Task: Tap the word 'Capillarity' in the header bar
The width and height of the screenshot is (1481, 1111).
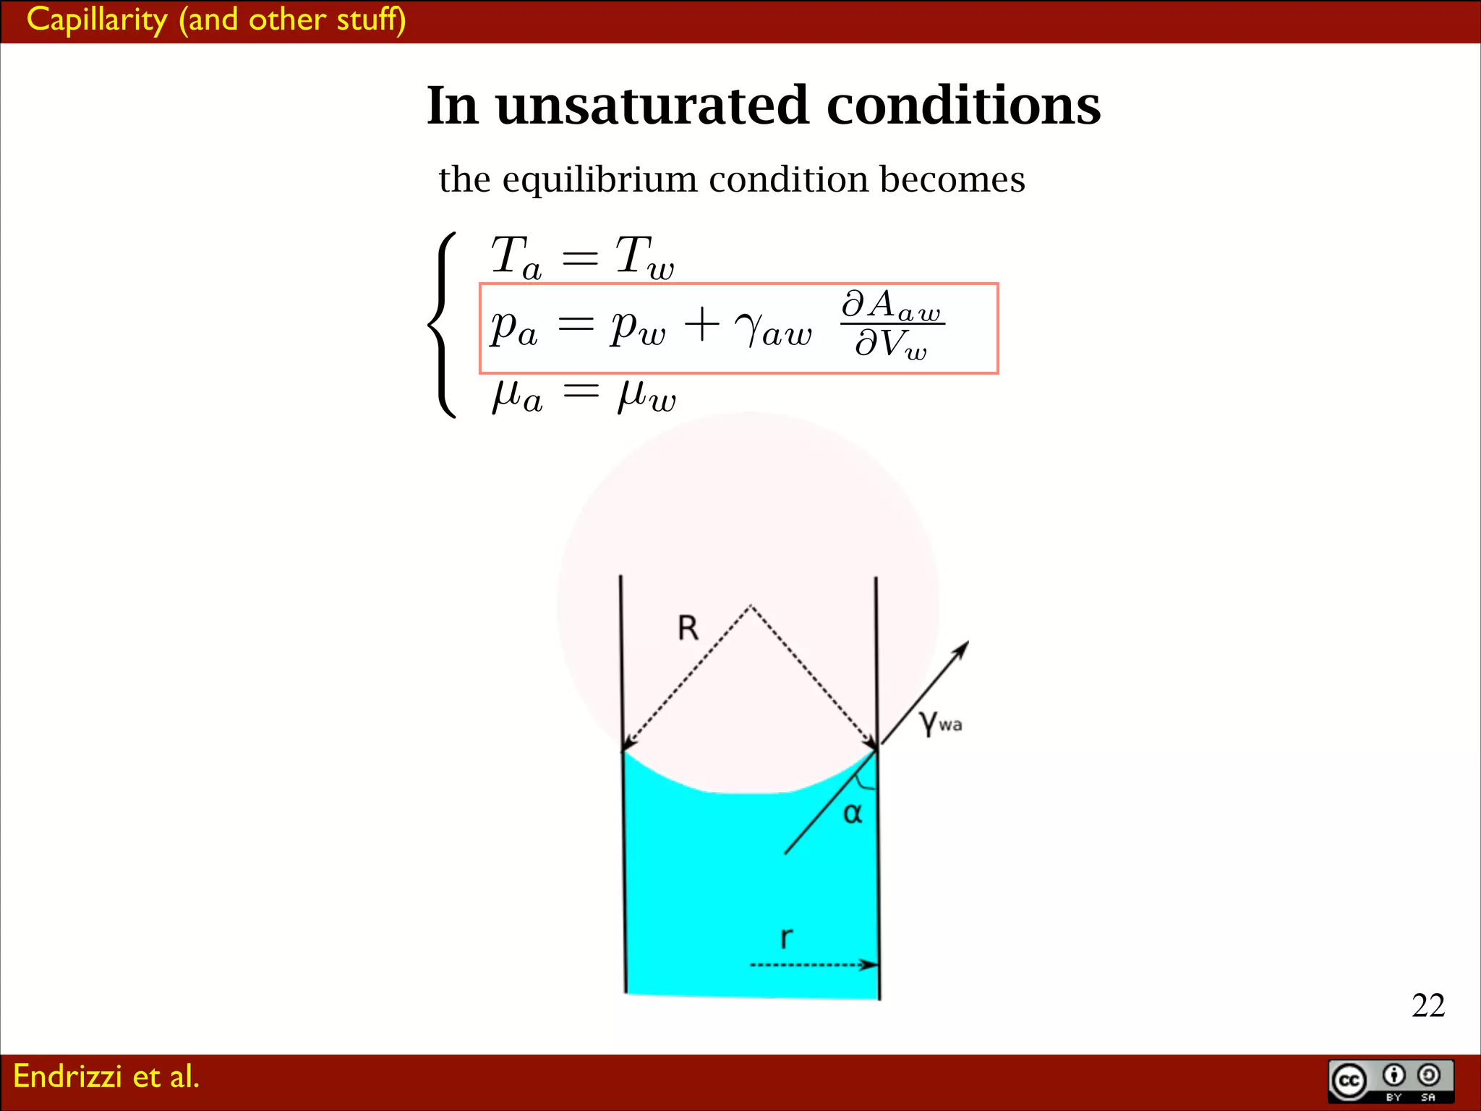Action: tap(97, 20)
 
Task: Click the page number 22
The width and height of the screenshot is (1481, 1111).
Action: tap(1427, 1005)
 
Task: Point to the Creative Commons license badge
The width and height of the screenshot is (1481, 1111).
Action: tap(1391, 1081)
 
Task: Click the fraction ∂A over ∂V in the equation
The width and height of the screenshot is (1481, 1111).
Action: tap(892, 324)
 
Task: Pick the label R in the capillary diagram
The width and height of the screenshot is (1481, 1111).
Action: tap(688, 628)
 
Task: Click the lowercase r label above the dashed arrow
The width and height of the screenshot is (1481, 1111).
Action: tap(786, 937)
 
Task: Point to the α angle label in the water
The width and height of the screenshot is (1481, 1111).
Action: tap(853, 813)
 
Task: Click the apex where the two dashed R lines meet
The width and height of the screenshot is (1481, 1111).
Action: tap(751, 605)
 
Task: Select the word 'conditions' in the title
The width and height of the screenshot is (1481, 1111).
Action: tap(963, 106)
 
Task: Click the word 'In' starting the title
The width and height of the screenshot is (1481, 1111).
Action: tap(453, 106)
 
